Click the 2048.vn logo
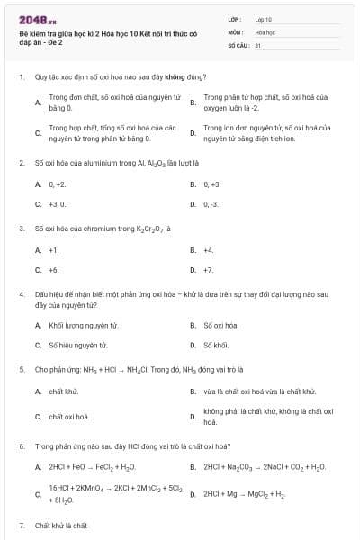coord(31,20)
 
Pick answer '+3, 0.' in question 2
coord(58,204)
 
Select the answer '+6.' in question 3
coord(54,270)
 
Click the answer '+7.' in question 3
coord(209,270)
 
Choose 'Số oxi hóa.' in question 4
coord(220,325)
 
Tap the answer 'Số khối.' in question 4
coord(217,345)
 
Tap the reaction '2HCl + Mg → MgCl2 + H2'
coord(244,494)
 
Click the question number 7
coord(21,525)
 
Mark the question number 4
coord(21,293)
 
